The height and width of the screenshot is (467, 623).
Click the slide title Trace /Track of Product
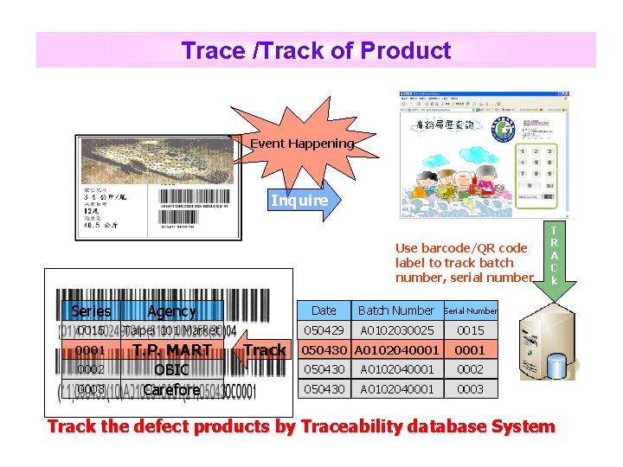[x=316, y=50]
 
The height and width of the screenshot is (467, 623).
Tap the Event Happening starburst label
[x=302, y=144]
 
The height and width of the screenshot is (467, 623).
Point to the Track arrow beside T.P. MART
[x=261, y=349]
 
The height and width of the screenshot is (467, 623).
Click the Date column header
[x=324, y=310]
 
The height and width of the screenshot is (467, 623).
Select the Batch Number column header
[x=396, y=310]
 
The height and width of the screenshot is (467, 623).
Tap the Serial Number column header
[x=471, y=310]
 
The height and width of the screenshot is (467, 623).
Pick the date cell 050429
[x=324, y=330]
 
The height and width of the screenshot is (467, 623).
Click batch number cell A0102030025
[x=397, y=330]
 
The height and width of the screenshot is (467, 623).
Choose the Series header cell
[x=91, y=310]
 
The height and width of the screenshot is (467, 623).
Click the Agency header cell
[x=171, y=310]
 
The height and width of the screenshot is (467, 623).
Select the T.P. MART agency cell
[x=171, y=350]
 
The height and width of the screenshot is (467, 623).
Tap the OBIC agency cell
[x=171, y=370]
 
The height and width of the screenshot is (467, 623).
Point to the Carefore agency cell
[x=171, y=390]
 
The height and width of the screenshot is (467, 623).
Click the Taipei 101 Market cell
[x=171, y=330]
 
